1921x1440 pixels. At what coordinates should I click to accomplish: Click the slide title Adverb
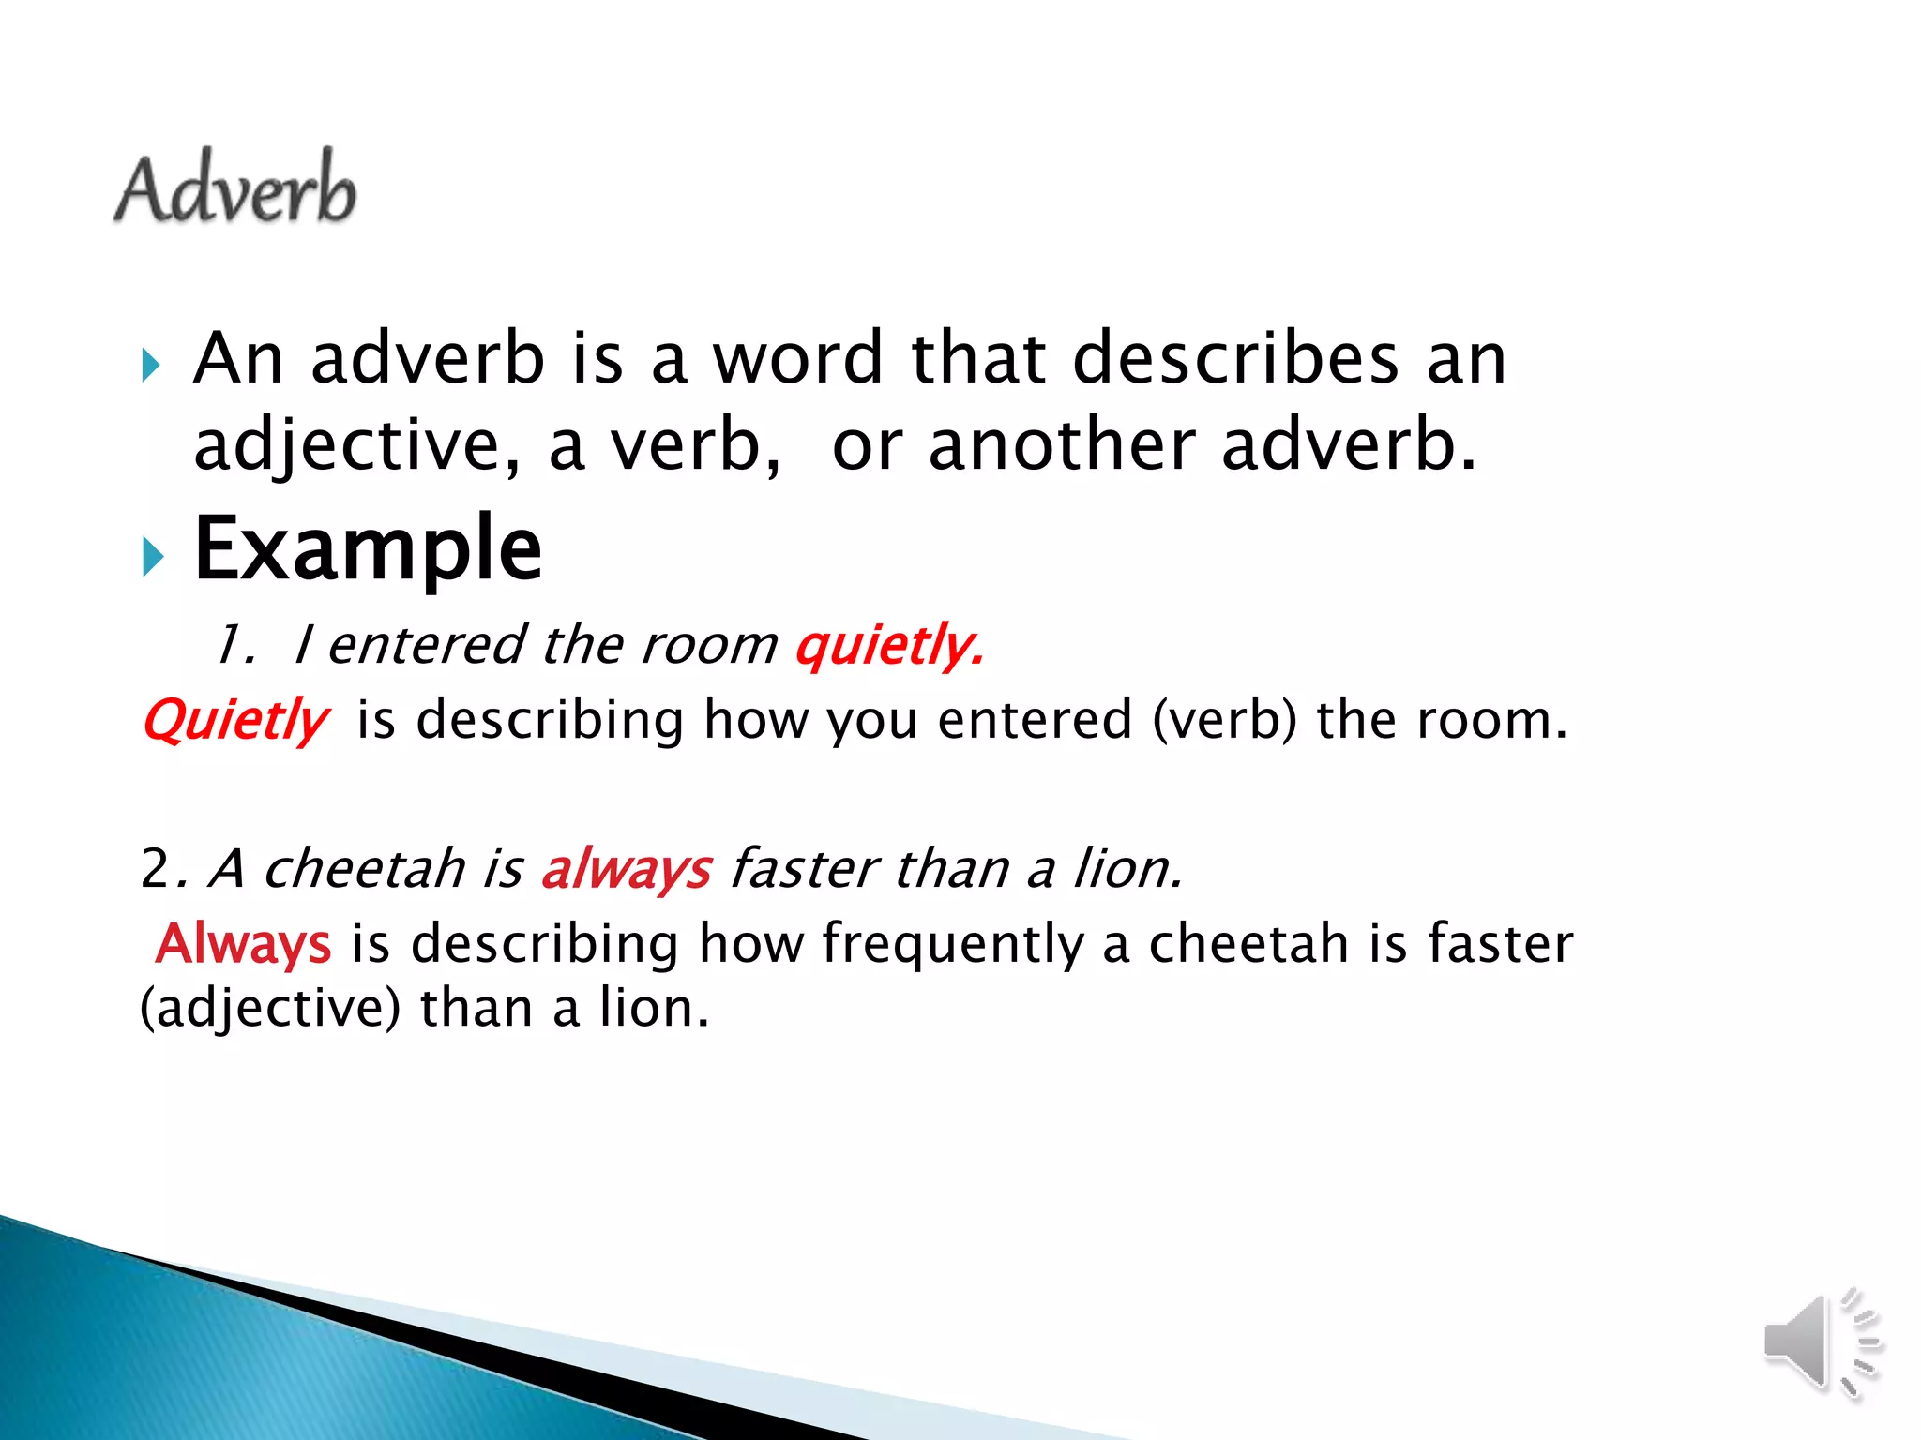[234, 188]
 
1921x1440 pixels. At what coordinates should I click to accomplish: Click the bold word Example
[368, 550]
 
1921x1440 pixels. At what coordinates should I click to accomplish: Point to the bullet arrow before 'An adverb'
[151, 365]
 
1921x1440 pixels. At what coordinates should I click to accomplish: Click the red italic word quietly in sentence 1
[889, 646]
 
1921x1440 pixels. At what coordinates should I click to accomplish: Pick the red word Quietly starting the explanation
[235, 721]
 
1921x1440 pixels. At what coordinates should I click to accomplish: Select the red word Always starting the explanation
[244, 943]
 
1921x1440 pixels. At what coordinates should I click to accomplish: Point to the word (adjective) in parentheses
[270, 1010]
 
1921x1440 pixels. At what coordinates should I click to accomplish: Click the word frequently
[952, 943]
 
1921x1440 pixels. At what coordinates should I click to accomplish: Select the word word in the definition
[797, 359]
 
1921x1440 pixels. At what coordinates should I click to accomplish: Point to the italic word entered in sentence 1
[427, 646]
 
